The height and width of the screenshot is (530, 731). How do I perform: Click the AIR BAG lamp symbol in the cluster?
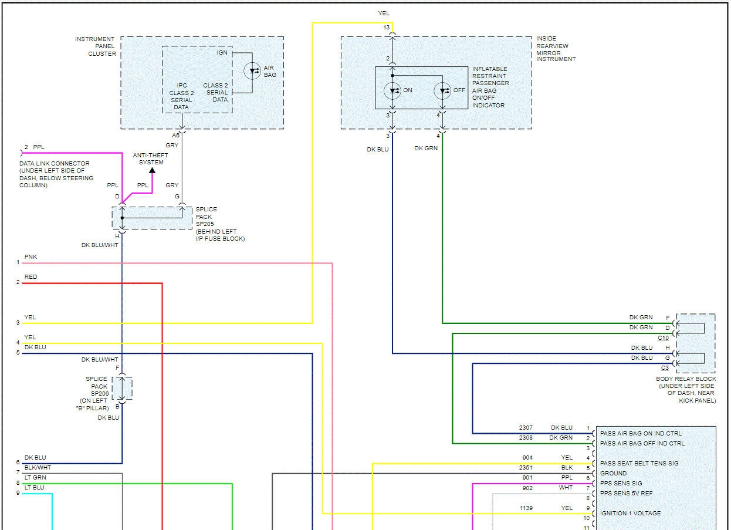click(x=252, y=70)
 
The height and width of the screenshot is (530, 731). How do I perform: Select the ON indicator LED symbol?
click(x=391, y=90)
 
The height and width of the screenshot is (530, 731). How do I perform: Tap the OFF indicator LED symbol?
click(x=442, y=90)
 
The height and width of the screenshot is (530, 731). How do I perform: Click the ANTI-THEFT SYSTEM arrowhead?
click(x=152, y=171)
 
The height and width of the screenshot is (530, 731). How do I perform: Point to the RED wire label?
click(x=31, y=277)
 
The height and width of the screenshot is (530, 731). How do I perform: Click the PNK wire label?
click(x=31, y=257)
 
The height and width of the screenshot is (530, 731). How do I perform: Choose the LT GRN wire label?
click(x=35, y=478)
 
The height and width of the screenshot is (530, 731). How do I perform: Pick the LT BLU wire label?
click(x=35, y=488)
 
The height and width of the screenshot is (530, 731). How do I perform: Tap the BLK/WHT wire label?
click(x=38, y=468)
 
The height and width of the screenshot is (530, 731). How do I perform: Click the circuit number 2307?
click(x=526, y=428)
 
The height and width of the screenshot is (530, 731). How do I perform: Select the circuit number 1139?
click(x=526, y=508)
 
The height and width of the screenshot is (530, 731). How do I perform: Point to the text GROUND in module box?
click(x=613, y=473)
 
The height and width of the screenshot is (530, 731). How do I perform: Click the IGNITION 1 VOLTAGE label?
click(x=630, y=513)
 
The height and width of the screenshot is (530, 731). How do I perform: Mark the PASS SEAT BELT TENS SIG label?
click(x=639, y=463)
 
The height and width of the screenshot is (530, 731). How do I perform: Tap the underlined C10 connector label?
click(x=663, y=338)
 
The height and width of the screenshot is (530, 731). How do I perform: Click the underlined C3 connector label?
click(x=665, y=368)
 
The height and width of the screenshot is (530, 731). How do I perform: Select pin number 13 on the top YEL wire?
click(x=386, y=28)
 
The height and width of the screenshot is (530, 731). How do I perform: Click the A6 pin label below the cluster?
click(x=175, y=135)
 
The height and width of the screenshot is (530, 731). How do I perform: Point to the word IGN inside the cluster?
click(x=222, y=53)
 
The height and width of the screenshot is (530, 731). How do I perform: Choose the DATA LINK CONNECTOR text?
click(x=55, y=164)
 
